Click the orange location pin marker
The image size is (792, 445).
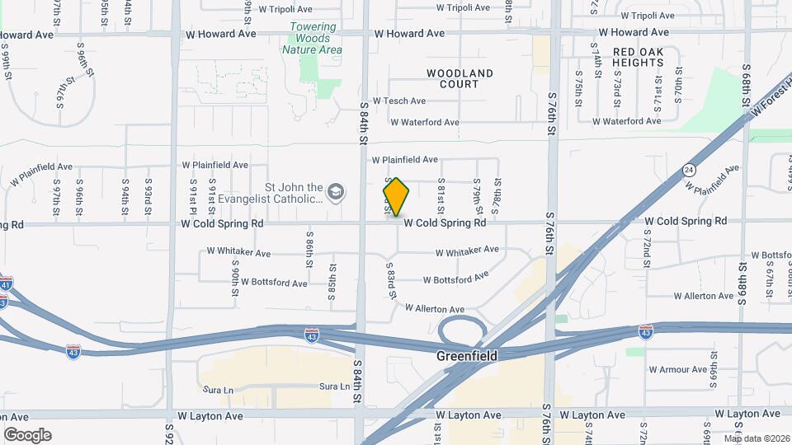click(x=396, y=197)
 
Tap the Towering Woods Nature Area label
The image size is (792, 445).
click(x=313, y=38)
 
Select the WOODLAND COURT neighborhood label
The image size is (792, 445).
click(x=460, y=78)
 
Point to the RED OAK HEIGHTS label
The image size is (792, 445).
click(x=645, y=57)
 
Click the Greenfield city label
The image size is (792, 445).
click(x=467, y=357)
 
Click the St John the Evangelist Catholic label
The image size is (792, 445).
click(x=282, y=193)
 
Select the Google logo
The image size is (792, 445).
click(x=28, y=435)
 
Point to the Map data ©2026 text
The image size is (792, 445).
click(x=756, y=438)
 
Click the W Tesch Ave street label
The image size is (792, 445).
click(x=399, y=101)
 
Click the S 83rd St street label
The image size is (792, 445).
click(x=393, y=280)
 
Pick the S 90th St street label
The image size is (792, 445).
click(x=235, y=281)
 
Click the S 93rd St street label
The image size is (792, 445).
click(x=148, y=192)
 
